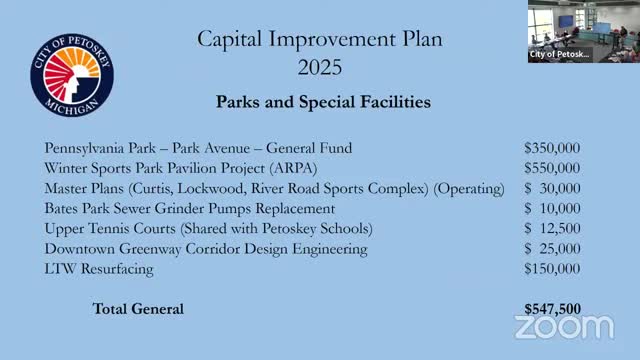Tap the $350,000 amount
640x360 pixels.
pyautogui.click(x=551, y=148)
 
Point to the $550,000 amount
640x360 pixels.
pyautogui.click(x=551, y=168)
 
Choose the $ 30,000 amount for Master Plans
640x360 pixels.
pyautogui.click(x=551, y=188)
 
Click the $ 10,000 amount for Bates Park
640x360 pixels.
pyautogui.click(x=551, y=208)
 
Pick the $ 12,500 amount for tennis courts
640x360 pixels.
pyautogui.click(x=551, y=228)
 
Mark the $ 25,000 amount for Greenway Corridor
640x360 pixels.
pyautogui.click(x=551, y=248)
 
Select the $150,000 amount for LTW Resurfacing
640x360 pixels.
pyautogui.click(x=551, y=268)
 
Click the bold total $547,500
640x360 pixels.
pyautogui.click(x=551, y=309)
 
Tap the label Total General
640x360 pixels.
pyautogui.click(x=138, y=309)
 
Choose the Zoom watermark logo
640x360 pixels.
pyautogui.click(x=564, y=326)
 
